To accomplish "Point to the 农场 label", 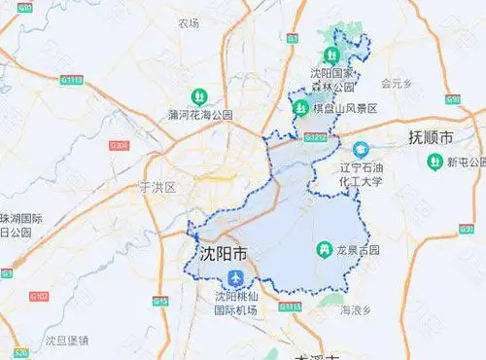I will (188, 22).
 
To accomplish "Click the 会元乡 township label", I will (397, 83).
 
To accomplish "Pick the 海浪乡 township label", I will (358, 310).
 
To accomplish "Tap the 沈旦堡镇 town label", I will (67, 340).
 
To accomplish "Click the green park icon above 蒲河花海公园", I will (199, 95).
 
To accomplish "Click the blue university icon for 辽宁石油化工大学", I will (361, 150).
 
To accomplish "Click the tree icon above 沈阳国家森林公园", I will (341, 32).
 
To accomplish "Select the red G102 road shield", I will (38, 293).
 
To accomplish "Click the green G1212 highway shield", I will (315, 137).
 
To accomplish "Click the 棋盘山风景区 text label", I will (345, 109).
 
